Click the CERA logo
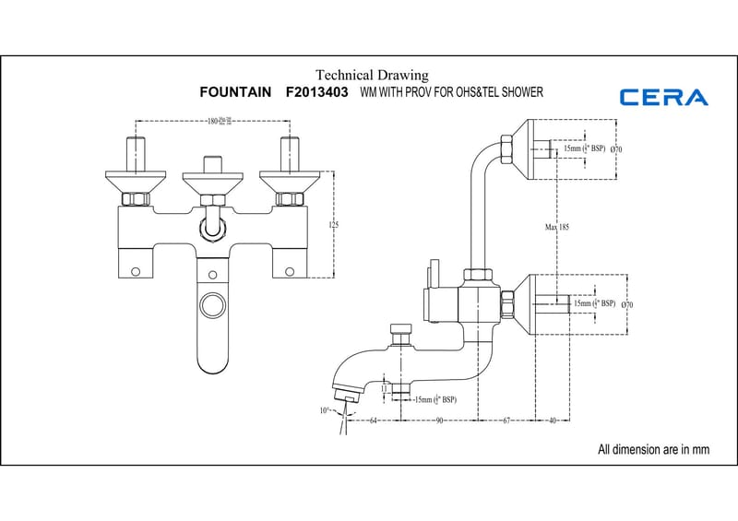click(664, 97)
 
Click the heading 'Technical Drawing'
click(372, 75)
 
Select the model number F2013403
click(317, 93)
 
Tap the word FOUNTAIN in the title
click(235, 93)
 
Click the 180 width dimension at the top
click(215, 121)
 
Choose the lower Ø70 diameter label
click(627, 304)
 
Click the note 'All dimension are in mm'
click(653, 450)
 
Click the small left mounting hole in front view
click(137, 271)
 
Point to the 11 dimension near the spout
click(384, 389)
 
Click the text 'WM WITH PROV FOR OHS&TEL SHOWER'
click(451, 93)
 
